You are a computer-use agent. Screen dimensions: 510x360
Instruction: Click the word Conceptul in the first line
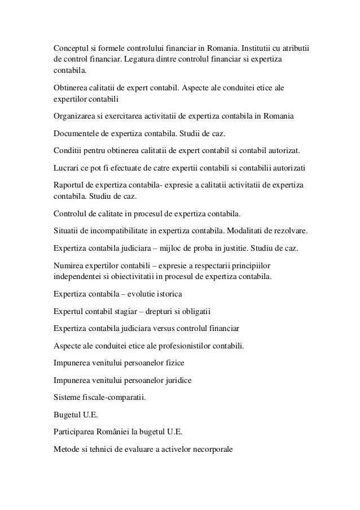tap(71, 46)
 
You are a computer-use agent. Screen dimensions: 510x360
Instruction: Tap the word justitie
tap(248, 249)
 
